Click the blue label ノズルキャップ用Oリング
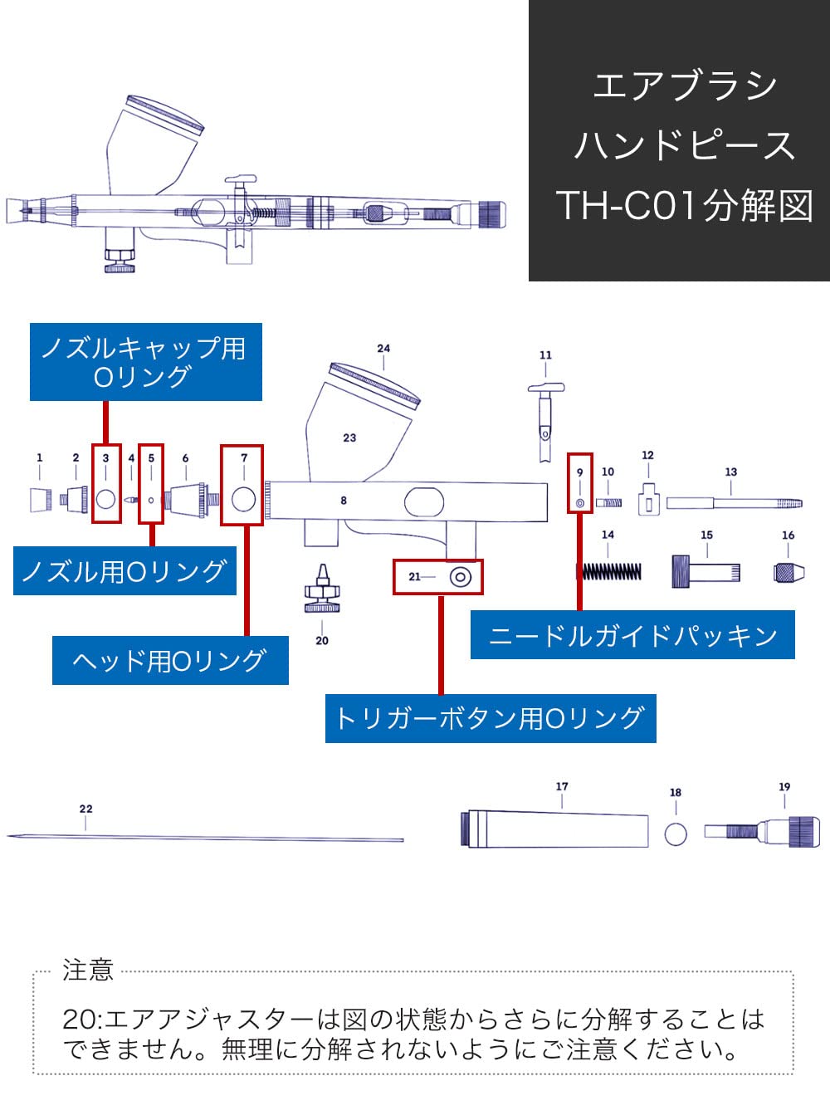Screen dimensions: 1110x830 pyautogui.click(x=145, y=362)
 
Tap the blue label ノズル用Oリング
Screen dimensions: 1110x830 pyautogui.click(x=124, y=571)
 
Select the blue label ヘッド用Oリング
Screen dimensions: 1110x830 pyautogui.click(x=170, y=661)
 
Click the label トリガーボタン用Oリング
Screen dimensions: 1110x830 pyautogui.click(x=490, y=718)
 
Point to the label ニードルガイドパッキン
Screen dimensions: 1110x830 pyautogui.click(x=632, y=635)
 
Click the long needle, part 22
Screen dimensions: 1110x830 pyautogui.click(x=207, y=838)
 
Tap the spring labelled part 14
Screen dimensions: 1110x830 pyautogui.click(x=610, y=571)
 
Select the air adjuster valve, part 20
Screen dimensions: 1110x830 pyautogui.click(x=322, y=590)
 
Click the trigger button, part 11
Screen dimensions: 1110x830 pyautogui.click(x=545, y=415)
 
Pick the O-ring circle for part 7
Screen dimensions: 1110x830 pyautogui.click(x=243, y=499)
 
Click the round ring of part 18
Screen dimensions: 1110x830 pyautogui.click(x=676, y=833)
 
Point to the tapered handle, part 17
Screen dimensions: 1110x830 pyautogui.click(x=556, y=829)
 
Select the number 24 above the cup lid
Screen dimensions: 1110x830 pyautogui.click(x=383, y=349)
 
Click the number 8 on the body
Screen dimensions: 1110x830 pyautogui.click(x=344, y=501)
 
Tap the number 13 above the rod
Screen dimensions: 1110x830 pyautogui.click(x=730, y=472)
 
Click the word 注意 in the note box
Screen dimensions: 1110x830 pyautogui.click(x=87, y=970)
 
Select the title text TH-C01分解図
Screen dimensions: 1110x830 pyautogui.click(x=684, y=206)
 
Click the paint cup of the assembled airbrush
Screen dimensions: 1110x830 pyautogui.click(x=154, y=145)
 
